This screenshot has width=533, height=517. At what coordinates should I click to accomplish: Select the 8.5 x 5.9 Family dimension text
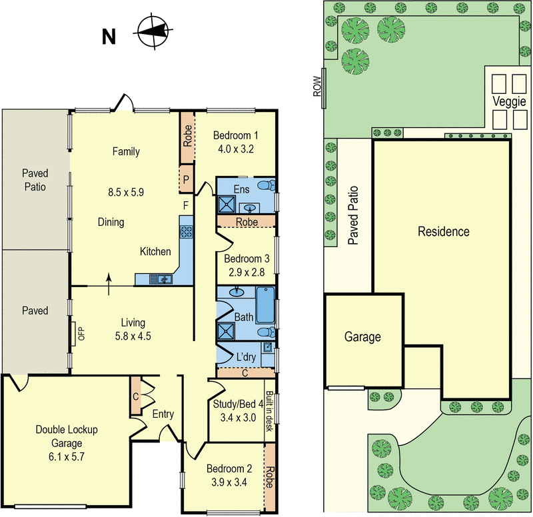tap(125, 193)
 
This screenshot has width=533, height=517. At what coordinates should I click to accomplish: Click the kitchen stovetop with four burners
tap(187, 232)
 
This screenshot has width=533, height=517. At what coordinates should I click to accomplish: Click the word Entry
tap(163, 414)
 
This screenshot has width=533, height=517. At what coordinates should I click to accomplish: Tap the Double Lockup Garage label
tap(67, 437)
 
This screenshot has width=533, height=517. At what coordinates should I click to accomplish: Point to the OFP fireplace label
tap(82, 333)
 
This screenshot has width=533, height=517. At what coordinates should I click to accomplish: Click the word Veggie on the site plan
tap(510, 102)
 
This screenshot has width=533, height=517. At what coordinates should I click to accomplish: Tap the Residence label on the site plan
tap(444, 232)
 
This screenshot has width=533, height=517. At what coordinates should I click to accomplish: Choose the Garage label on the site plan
tap(362, 337)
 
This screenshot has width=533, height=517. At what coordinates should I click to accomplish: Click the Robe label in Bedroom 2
tap(269, 478)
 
